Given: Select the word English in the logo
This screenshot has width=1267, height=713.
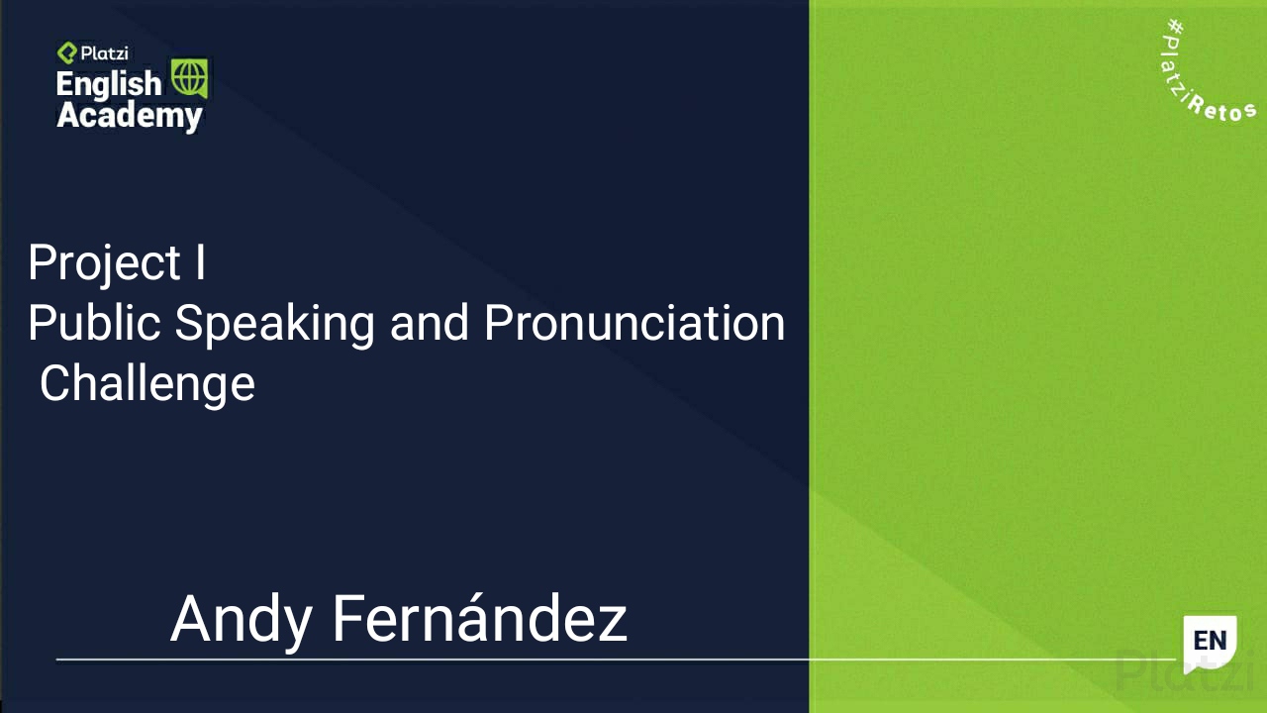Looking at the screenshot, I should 108,84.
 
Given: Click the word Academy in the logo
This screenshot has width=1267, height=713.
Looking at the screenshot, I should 129,116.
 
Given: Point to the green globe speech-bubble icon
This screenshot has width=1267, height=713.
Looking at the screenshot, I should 189,78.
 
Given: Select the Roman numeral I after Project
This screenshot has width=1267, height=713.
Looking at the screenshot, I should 200,262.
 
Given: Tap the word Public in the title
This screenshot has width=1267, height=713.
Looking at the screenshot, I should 95,323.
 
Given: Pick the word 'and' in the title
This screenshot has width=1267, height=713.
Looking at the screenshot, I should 430,323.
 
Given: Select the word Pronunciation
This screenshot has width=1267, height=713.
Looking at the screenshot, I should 634,323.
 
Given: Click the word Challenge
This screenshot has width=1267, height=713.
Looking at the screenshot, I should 146,384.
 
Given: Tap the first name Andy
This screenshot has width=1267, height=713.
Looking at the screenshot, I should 243,620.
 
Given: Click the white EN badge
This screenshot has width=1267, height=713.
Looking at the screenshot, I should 1210,642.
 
